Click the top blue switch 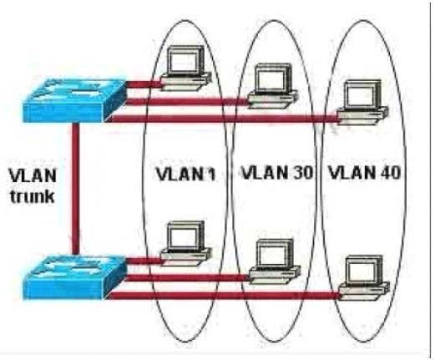(74, 100)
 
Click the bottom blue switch (74, 277)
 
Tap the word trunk (33, 195)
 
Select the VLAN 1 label (185, 174)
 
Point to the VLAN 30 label (277, 172)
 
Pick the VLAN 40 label (364, 172)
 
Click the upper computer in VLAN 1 (185, 68)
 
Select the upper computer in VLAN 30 (273, 86)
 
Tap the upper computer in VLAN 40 (362, 102)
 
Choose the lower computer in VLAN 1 (185, 243)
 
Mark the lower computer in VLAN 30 (275, 261)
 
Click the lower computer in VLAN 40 (364, 277)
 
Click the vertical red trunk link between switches (75, 189)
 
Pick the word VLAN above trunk (33, 175)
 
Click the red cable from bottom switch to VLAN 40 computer (223, 296)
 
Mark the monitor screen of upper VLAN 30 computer (271, 79)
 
